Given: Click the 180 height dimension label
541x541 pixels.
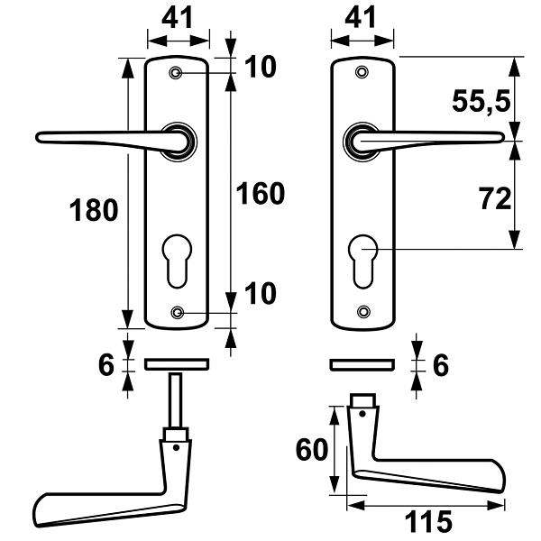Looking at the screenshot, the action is (x=94, y=210).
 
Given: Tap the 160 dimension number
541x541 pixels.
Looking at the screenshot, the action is (x=261, y=194).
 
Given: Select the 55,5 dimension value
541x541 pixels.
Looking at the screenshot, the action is (x=481, y=102).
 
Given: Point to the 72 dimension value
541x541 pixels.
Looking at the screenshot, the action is (x=495, y=198).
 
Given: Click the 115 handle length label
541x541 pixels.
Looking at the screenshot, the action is (x=428, y=521).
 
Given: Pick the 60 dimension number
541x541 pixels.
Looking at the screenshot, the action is (x=312, y=449).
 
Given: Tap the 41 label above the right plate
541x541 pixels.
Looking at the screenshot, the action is (x=361, y=17).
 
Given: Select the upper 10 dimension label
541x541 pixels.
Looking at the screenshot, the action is (x=261, y=66).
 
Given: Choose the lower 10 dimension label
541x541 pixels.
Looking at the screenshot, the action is (x=261, y=293).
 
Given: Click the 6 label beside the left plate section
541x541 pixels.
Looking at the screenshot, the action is (x=105, y=365).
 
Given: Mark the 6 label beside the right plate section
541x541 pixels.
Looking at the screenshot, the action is (x=441, y=365).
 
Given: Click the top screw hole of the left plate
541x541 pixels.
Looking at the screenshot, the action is (x=176, y=72).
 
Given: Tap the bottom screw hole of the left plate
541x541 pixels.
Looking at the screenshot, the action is (x=177, y=313).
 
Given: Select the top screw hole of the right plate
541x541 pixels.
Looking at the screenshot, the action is (x=362, y=72).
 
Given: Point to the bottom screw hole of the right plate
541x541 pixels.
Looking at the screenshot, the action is (x=363, y=311).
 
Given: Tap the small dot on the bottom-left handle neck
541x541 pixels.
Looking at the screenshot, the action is (x=177, y=447).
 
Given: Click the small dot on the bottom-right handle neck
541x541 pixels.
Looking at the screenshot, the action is (x=362, y=413).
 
